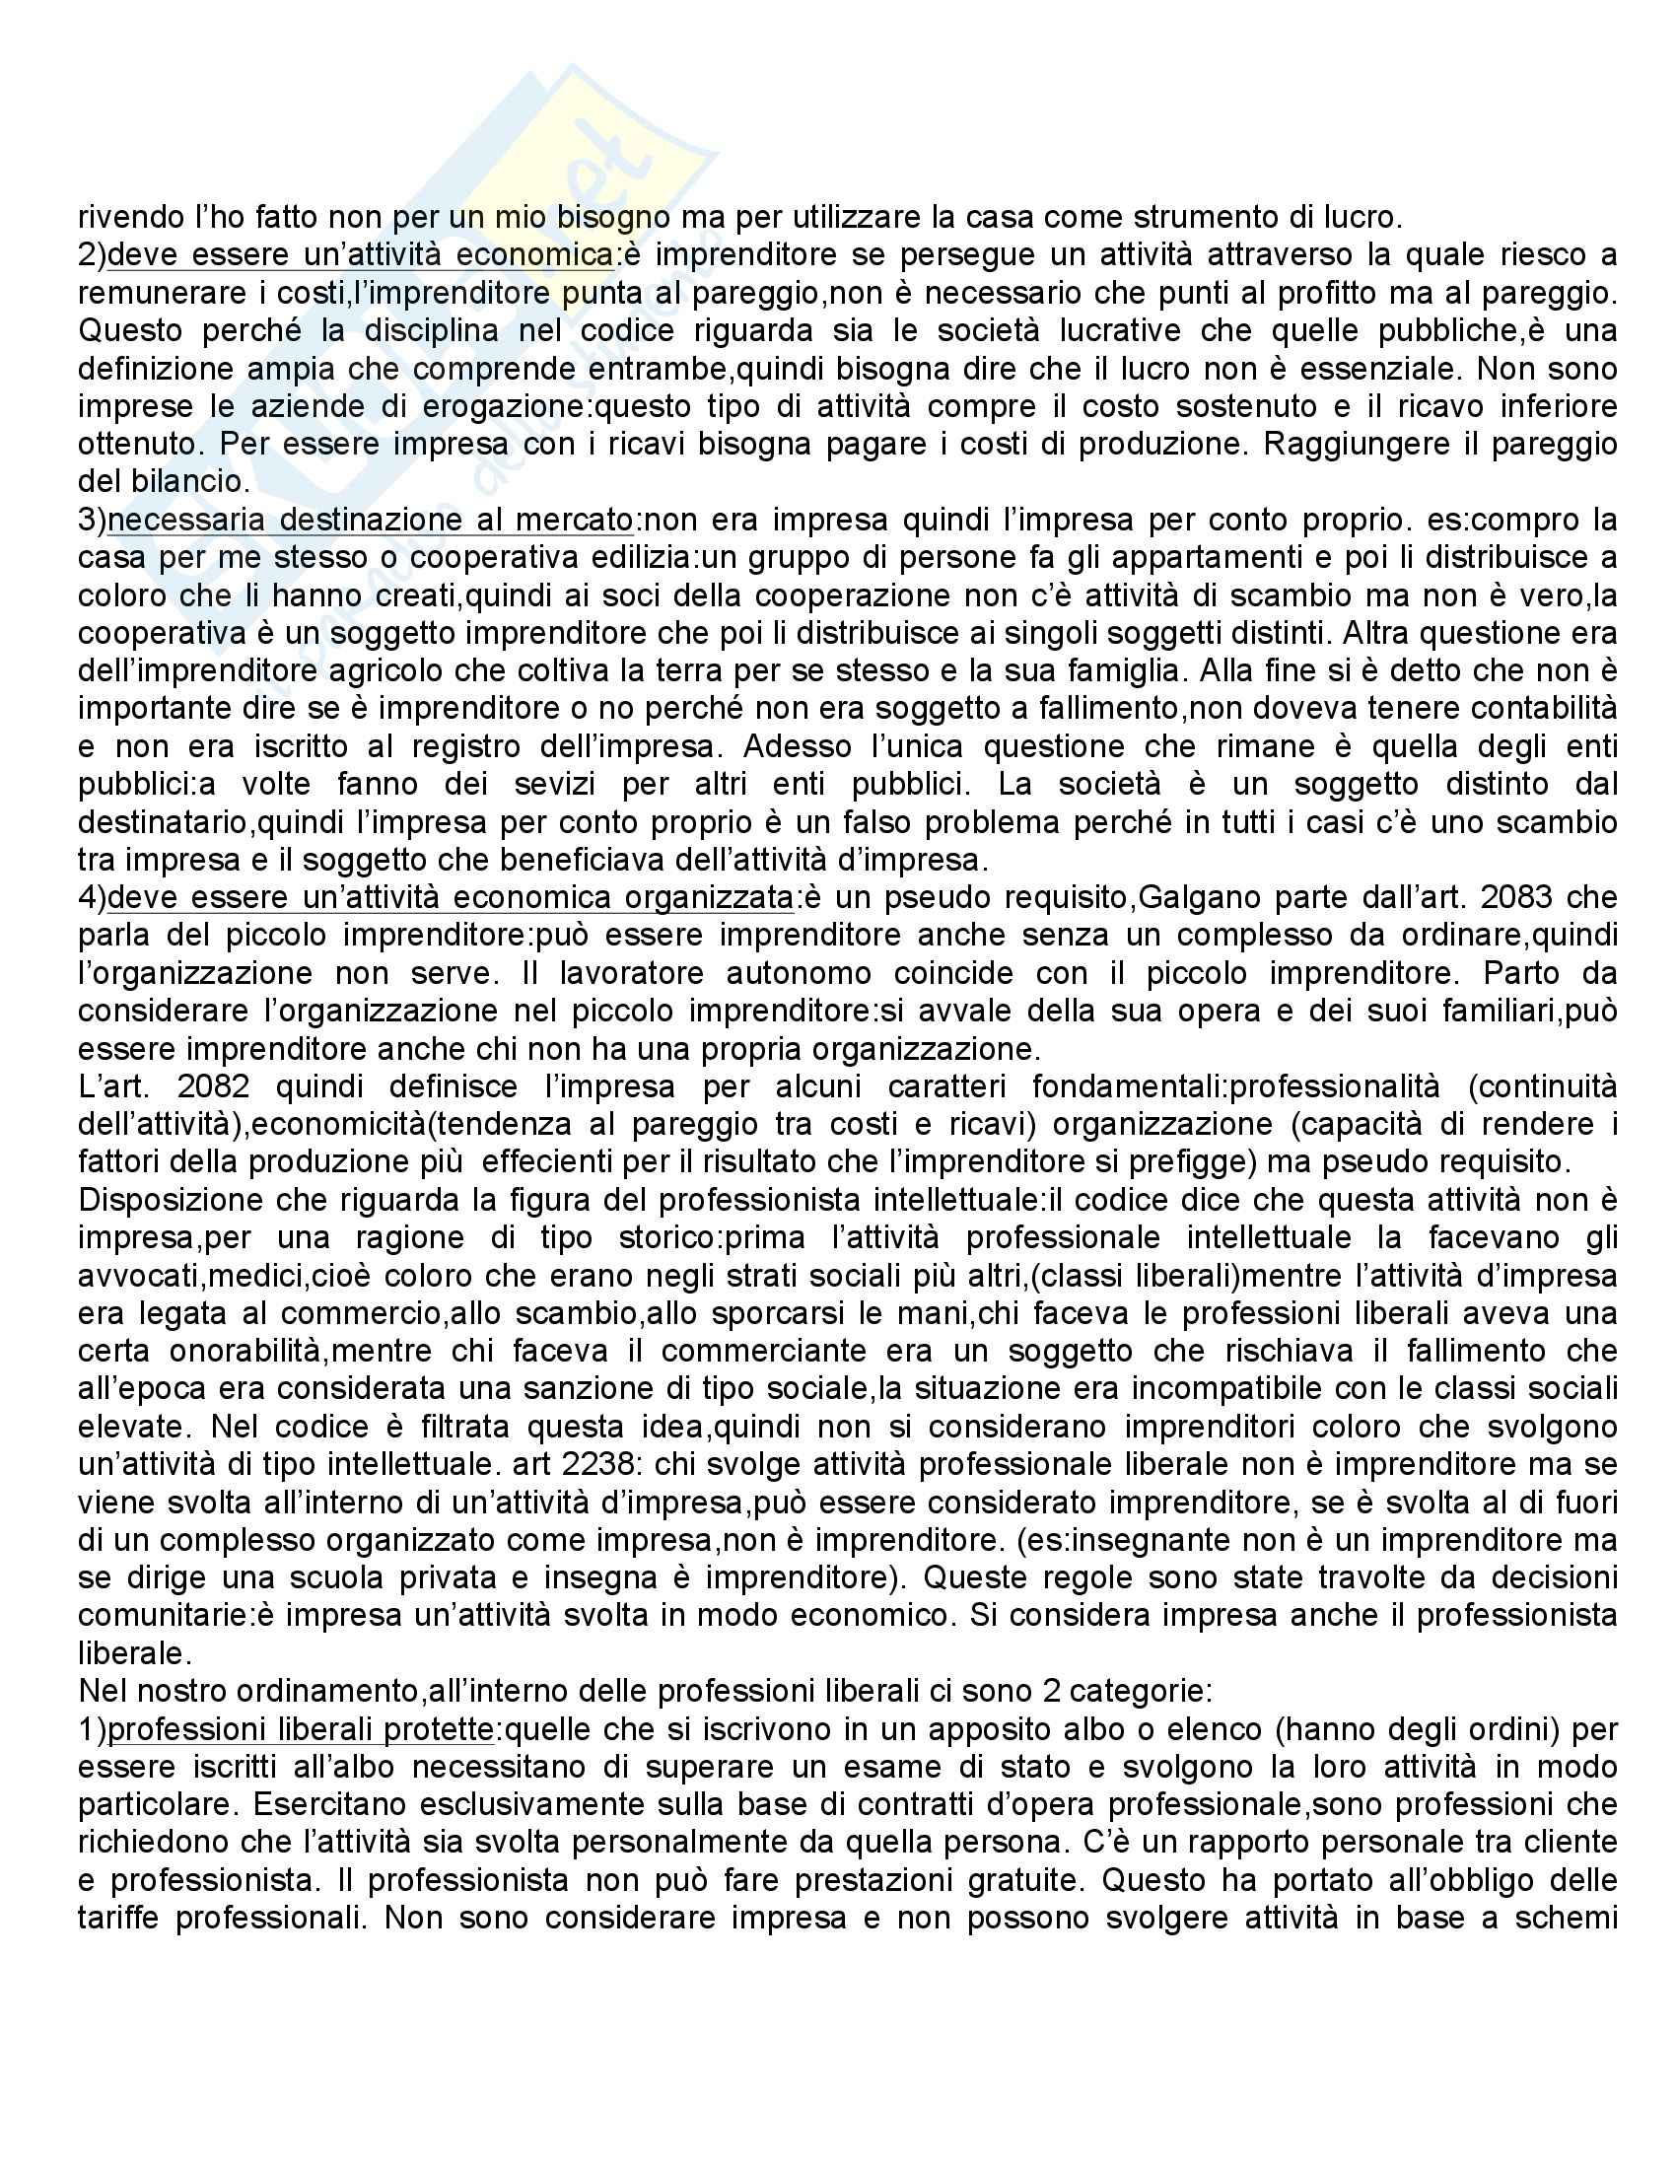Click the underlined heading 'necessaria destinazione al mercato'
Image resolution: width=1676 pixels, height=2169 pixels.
click(370, 521)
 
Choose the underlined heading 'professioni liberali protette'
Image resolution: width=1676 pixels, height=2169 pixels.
click(301, 1729)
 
